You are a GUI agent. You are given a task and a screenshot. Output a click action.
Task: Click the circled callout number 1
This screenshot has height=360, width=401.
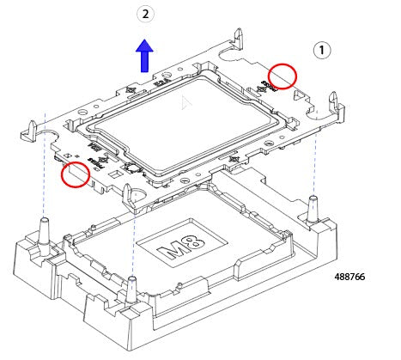pyautogui.click(x=322, y=50)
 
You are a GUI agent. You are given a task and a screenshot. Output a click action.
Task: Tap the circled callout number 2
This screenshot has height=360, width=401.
pyautogui.click(x=147, y=15)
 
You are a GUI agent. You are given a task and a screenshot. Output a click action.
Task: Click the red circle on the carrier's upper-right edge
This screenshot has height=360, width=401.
pyautogui.click(x=282, y=76)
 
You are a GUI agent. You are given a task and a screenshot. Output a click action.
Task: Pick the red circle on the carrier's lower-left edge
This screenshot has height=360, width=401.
pyautogui.click(x=76, y=174)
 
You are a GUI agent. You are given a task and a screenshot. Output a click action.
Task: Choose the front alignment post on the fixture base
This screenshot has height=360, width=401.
pyautogui.click(x=132, y=289)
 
